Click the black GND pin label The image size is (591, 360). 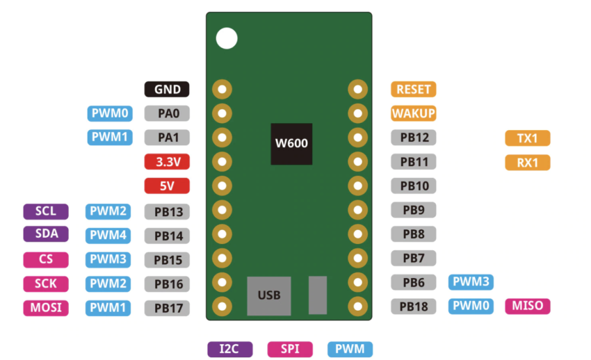click(x=167, y=90)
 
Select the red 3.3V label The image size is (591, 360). click(x=167, y=162)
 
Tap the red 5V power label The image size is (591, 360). click(x=167, y=186)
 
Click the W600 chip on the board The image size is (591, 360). click(x=291, y=144)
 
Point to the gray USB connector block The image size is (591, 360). click(x=268, y=295)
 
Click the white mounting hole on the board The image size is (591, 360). click(x=226, y=38)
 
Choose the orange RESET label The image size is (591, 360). click(x=414, y=90)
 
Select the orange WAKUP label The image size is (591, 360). click(x=414, y=113)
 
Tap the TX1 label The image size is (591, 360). click(x=527, y=138)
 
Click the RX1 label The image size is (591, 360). click(x=527, y=163)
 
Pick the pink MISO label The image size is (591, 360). click(x=528, y=306)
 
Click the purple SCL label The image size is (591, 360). click(x=46, y=211)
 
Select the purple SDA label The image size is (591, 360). click(x=46, y=234)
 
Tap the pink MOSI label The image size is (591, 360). click(x=46, y=307)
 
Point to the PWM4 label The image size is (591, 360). click(x=108, y=236)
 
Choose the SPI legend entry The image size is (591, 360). click(x=290, y=349)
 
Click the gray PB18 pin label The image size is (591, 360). click(x=414, y=306)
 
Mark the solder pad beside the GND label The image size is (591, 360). click(x=222, y=90)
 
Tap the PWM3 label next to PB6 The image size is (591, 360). click(x=471, y=282)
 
